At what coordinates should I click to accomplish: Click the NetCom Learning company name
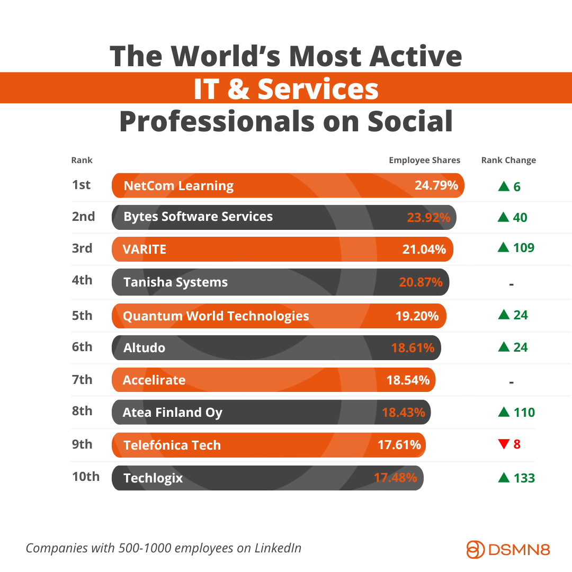pos(178,186)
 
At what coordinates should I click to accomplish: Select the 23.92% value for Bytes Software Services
pos(428,217)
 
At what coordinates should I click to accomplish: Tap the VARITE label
pos(145,249)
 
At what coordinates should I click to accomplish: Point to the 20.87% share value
pos(421,282)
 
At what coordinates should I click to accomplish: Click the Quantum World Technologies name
pos(216,316)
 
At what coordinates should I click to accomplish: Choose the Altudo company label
pos(144,348)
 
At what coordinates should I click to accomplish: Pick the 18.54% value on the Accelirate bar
pos(408,380)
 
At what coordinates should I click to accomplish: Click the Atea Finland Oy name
pos(172,413)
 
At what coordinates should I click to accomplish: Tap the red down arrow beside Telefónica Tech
pos(503,444)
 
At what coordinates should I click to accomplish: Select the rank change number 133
pos(524,478)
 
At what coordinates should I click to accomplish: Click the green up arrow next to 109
pos(503,247)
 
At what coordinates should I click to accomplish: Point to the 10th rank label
pos(85,476)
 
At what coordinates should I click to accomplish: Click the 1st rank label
pos(81,185)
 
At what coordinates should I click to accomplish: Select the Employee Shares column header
pos(424,160)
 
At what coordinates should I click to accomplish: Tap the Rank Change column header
pos(508,160)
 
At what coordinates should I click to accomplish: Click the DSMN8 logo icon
pos(476,549)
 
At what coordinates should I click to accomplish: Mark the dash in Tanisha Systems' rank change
pos(511,284)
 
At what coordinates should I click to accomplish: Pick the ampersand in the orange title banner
pos(238,89)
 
